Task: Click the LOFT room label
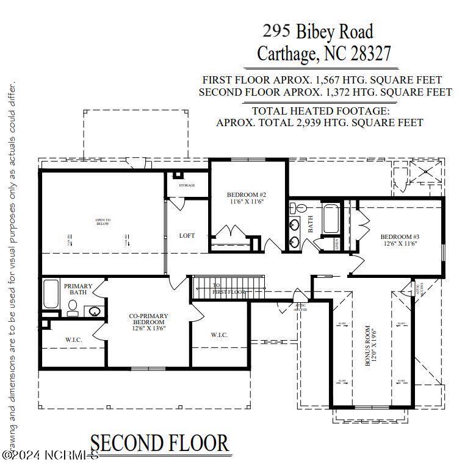187,235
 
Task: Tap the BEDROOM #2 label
246,198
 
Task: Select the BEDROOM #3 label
400,240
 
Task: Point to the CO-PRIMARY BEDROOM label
148,322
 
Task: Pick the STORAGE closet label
187,185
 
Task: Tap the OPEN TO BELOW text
103,222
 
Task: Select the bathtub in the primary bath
51,294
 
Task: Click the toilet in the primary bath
72,311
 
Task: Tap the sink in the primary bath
95,312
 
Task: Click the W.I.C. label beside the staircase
219,335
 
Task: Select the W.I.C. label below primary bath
74,339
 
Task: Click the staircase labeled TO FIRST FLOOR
229,288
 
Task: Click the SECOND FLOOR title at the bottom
160,444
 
